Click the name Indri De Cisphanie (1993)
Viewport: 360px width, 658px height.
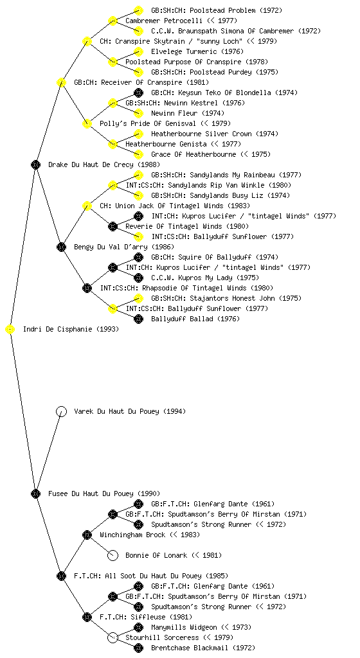point(71,330)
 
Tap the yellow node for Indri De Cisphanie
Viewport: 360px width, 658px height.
point(10,330)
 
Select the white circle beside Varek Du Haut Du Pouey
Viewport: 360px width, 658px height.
point(61,411)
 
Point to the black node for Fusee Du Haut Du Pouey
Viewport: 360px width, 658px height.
point(35,494)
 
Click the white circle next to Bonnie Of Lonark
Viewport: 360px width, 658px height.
point(113,556)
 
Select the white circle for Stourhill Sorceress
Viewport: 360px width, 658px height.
point(113,638)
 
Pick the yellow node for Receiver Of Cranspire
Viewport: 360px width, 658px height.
point(61,83)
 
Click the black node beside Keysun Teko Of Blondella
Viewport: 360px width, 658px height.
point(138,93)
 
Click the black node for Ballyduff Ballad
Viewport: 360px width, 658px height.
point(138,319)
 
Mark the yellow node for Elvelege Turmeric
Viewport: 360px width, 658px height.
point(138,51)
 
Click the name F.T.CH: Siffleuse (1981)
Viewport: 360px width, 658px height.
point(146,618)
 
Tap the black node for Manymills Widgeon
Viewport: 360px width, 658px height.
point(138,627)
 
